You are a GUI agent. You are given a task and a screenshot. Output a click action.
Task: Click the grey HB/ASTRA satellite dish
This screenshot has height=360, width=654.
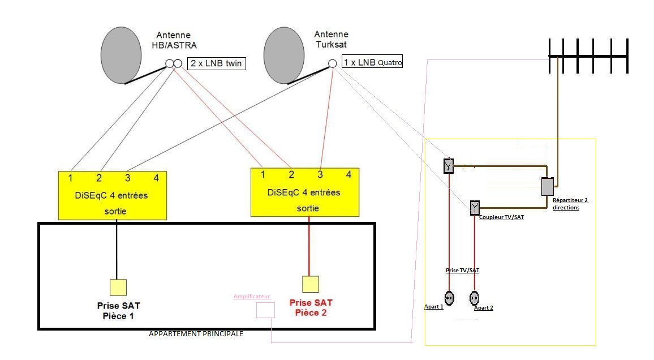121,55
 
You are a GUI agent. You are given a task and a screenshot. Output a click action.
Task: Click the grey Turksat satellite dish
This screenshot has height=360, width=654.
283,55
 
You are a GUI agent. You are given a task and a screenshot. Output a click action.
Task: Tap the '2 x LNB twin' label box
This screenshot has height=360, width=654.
217,63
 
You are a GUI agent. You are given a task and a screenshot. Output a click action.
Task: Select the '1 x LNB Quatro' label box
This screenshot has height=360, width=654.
372,61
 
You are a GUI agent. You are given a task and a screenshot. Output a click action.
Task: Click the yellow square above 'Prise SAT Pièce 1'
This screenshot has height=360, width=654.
118,288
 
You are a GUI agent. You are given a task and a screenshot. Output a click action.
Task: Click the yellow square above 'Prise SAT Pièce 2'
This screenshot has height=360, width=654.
311,284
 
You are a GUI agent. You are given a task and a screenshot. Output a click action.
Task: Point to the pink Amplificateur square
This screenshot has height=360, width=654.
265,310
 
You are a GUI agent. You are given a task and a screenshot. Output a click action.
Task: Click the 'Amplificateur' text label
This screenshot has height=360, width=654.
252,296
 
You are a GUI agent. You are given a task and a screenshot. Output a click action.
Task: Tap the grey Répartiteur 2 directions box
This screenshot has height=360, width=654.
548,186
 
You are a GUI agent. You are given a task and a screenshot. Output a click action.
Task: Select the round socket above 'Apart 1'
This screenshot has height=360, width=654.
449,298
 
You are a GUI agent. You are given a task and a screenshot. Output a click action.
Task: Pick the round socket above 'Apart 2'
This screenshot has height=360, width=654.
474,298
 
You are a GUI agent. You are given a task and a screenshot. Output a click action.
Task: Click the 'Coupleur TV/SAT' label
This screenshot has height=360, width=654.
501,217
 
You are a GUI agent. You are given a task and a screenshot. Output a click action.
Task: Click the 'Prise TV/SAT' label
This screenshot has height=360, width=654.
462,271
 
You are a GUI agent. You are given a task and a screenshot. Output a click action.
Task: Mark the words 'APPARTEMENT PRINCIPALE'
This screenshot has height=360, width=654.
196,334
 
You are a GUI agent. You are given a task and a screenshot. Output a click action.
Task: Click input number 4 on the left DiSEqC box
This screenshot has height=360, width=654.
156,178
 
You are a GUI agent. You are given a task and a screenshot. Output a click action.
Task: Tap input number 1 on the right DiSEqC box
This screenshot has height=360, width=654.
263,174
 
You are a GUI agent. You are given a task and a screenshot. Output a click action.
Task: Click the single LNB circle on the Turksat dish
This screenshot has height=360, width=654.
333,63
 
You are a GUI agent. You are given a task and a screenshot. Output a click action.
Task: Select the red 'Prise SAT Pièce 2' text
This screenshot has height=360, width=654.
311,307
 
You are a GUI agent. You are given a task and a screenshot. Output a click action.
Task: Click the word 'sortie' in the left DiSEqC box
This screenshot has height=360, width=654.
115,211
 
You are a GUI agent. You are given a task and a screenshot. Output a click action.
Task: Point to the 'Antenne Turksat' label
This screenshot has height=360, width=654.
331,39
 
